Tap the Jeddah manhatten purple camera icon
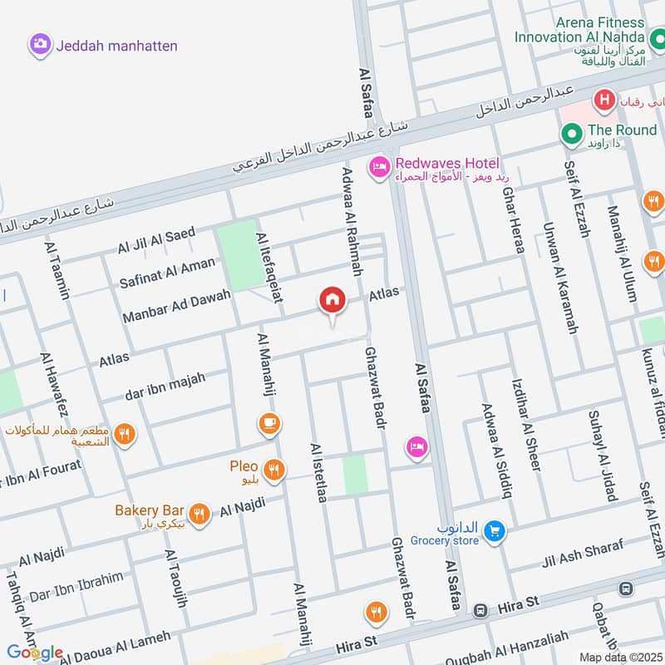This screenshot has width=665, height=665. click(39, 46)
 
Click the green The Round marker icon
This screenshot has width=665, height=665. click(571, 133)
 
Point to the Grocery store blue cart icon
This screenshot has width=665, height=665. click(495, 530)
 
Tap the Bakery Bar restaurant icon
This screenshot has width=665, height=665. click(198, 514)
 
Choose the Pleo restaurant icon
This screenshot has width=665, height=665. click(275, 471)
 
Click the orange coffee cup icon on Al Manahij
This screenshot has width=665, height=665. click(268, 424)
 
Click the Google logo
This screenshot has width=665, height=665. click(35, 652)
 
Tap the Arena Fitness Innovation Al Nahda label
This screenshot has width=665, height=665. click(579, 30)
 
